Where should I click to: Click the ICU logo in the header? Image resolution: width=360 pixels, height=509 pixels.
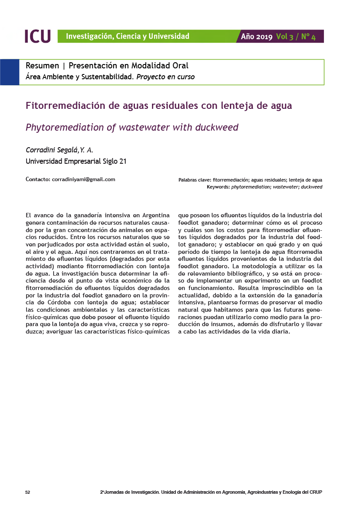click(37, 36)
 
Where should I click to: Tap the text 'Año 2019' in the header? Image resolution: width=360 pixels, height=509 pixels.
click(257, 37)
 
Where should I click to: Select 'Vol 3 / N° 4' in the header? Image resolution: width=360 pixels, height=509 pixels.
click(296, 37)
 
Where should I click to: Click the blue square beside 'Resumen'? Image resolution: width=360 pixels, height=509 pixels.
click(9, 72)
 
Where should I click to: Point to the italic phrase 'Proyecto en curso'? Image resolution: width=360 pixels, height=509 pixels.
click(165, 77)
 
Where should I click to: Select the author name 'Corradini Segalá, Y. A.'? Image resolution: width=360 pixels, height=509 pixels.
click(60, 150)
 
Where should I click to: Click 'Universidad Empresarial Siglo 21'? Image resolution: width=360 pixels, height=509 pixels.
click(76, 161)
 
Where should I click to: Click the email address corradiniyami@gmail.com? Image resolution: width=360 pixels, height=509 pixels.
click(83, 179)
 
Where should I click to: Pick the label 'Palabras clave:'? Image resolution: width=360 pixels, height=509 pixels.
click(195, 180)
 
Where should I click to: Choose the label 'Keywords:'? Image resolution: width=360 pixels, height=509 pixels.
click(218, 187)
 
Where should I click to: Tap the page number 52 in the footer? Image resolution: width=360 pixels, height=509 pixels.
click(27, 492)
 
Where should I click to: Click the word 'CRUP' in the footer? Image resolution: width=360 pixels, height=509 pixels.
click(316, 492)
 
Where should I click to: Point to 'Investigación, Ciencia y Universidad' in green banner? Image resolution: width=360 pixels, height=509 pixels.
click(128, 36)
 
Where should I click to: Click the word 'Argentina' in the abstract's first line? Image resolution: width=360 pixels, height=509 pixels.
click(155, 215)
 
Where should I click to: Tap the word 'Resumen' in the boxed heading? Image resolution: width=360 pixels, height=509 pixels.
click(42, 66)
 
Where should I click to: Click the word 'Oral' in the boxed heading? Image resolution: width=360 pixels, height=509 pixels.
click(180, 66)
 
